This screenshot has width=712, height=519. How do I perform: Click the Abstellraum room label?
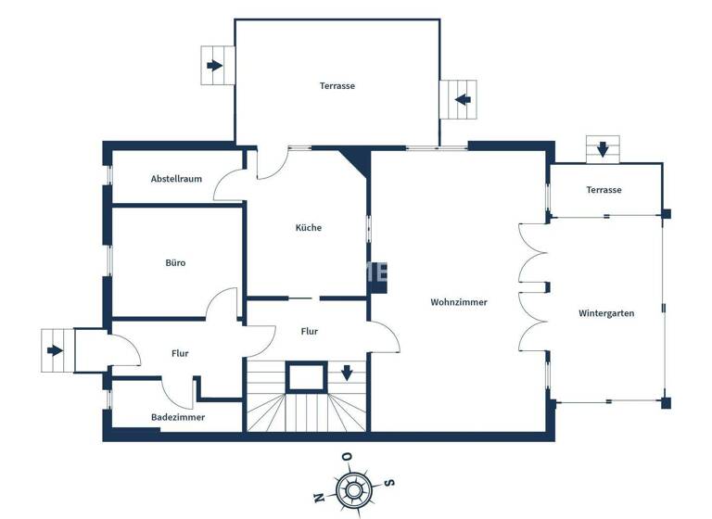pos(176,179)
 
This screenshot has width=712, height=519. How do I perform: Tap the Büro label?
pos(175,262)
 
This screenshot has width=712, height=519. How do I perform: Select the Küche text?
pos(309,227)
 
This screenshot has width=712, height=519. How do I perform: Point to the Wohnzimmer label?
pos(458,302)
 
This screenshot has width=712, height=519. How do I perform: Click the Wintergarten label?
pos(606,313)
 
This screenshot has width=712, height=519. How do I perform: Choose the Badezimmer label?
pos(178,417)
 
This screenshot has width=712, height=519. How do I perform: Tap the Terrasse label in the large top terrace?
pos(337,85)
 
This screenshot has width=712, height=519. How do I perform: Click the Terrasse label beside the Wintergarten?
pos(604,190)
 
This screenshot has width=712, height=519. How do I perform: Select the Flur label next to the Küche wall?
pos(310,331)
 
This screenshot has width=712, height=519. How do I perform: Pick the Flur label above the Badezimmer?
pos(180,353)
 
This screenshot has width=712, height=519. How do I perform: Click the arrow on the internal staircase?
pos(347,373)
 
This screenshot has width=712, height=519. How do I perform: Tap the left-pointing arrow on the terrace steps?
pos(462,98)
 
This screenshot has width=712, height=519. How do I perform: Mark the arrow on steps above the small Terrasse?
pos(603,148)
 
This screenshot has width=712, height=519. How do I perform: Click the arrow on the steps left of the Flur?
pos(56,350)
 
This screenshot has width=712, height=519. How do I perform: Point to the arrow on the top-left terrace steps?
pos(215,66)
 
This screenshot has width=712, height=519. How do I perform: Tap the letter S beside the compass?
pos(390,481)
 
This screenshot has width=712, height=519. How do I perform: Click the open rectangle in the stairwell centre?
pos(305,376)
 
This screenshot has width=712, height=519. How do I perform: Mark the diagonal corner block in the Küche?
pos(354,163)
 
